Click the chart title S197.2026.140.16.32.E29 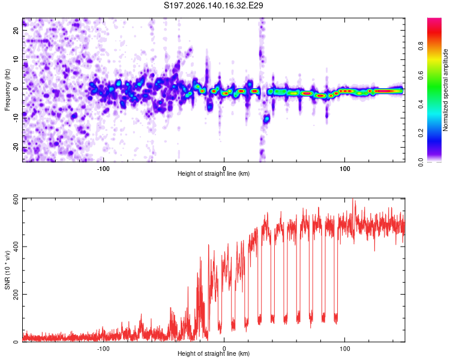[213, 5]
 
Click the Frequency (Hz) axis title [7, 90]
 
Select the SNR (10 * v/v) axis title [7, 270]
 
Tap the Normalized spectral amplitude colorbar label [445, 90]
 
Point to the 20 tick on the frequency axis [16, 30]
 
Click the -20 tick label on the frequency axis [16, 147]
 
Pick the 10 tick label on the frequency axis [16, 59]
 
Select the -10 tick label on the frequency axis [16, 118]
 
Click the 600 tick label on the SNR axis [16, 200]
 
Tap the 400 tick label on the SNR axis [16, 247]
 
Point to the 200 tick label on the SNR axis [16, 294]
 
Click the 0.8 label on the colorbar [421, 46]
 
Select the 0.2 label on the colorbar [421, 133]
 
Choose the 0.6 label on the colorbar [421, 75]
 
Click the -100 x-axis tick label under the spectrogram [103, 169]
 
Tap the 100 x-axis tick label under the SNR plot [344, 349]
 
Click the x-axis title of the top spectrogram [214, 173]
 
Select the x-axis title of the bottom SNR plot [214, 353]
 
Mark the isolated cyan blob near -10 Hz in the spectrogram [267, 118]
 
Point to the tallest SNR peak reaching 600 [353, 200]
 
